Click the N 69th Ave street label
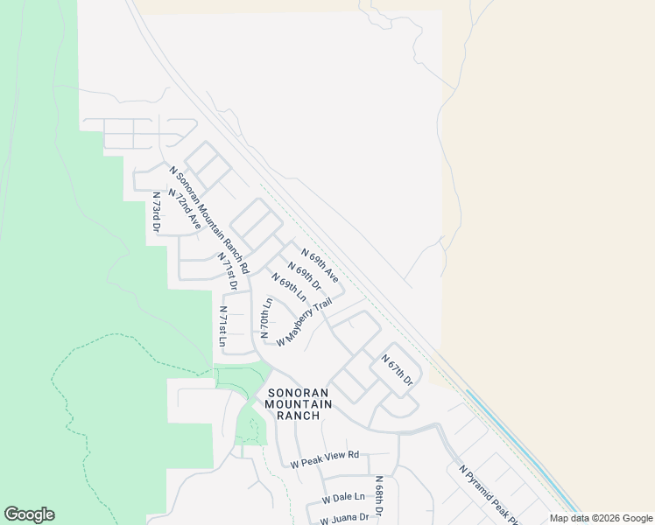pos(320,265)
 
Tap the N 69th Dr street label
pos(306,278)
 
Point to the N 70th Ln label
pos(265,318)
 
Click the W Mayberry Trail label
pos(304,322)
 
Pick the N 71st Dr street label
pos(228,271)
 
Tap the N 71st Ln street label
pos(223,327)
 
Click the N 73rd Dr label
pos(156,213)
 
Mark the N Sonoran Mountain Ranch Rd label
pos(209,219)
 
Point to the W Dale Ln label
pos(342,498)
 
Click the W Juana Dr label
pos(344,518)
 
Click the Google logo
pos(29,514)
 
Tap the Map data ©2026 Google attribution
pos(600,518)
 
